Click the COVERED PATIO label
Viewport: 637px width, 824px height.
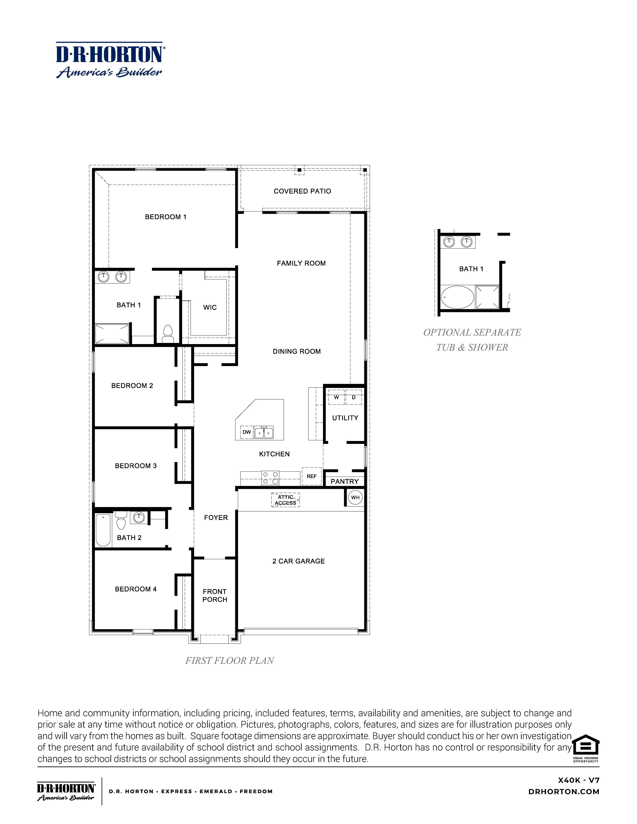[302, 191]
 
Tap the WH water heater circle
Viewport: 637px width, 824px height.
[355, 497]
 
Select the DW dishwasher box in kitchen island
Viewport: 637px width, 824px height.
[246, 432]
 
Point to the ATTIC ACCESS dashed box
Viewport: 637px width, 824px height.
[285, 500]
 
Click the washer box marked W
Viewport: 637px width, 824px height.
[336, 398]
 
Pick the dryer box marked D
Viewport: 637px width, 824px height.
[354, 398]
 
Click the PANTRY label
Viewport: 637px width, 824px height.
[344, 481]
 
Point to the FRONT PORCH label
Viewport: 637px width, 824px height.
[215, 595]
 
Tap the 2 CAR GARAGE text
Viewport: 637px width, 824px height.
[298, 561]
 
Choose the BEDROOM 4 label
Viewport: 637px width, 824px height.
[135, 589]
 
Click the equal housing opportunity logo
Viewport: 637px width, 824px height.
[586, 747]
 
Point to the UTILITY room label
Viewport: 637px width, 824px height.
[345, 418]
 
